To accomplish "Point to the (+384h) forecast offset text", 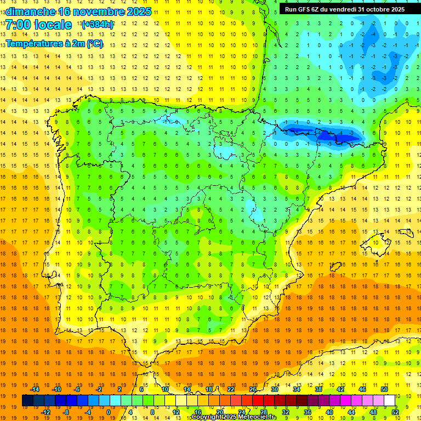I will [98, 25].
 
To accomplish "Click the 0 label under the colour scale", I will [108, 412].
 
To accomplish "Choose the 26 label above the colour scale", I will [253, 389].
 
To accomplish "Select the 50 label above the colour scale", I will [384, 389].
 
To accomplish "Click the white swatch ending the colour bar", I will [390, 401].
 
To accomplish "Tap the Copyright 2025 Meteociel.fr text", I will [234, 417].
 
